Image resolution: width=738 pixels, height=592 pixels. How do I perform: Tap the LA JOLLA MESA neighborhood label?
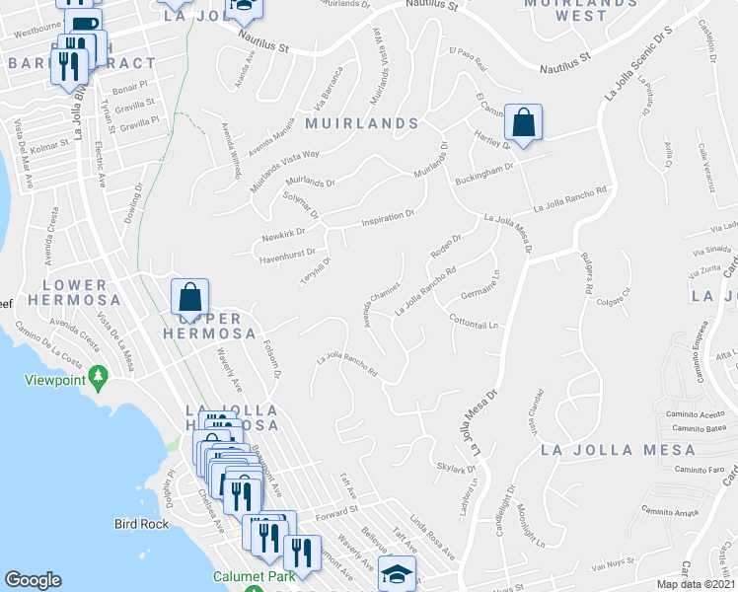click(618, 450)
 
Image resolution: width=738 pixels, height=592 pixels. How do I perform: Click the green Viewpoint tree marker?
click(98, 376)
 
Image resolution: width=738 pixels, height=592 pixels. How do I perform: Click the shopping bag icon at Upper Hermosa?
click(188, 297)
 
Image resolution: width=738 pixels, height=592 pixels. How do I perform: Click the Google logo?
click(33, 580)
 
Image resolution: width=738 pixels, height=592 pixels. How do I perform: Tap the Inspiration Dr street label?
click(387, 217)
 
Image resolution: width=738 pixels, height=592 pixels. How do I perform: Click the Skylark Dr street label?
click(456, 468)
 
